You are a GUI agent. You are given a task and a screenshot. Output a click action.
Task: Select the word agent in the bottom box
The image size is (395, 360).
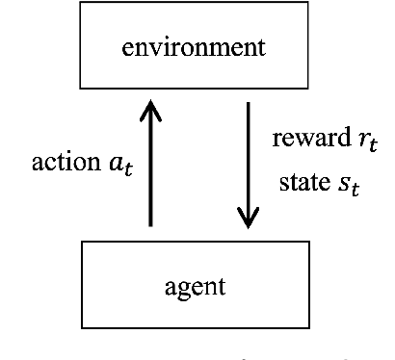(196, 286)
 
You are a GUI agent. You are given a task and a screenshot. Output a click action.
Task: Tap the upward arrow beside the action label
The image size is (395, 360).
(151, 164)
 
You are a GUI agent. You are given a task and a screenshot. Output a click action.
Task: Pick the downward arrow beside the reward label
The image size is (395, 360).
(249, 164)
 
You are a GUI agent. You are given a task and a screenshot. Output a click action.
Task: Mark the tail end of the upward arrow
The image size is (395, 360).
(151, 225)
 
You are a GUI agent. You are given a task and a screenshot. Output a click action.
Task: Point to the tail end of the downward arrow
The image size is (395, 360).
(249, 102)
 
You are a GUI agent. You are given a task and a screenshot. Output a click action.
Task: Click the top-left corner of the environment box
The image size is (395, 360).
(81, 13)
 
